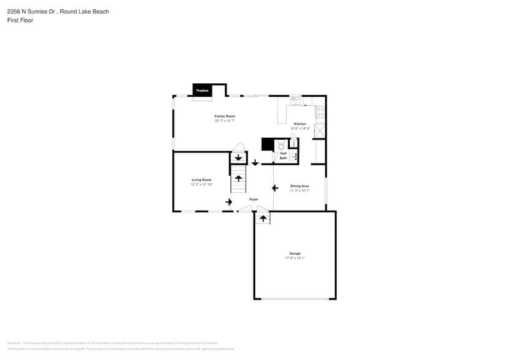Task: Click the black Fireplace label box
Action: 202,90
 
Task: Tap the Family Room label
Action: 224,116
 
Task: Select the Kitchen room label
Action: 300,124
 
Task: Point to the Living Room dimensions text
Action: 201,184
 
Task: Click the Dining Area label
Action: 299,186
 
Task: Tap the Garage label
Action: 295,253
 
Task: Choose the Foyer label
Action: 254,199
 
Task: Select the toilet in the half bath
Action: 281,146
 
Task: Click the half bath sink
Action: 295,157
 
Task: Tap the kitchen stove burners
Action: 319,112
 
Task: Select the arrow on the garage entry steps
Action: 262,218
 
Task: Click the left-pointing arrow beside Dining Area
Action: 266,188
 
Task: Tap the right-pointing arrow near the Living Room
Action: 228,201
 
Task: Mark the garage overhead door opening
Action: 295,299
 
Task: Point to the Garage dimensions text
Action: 295,258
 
